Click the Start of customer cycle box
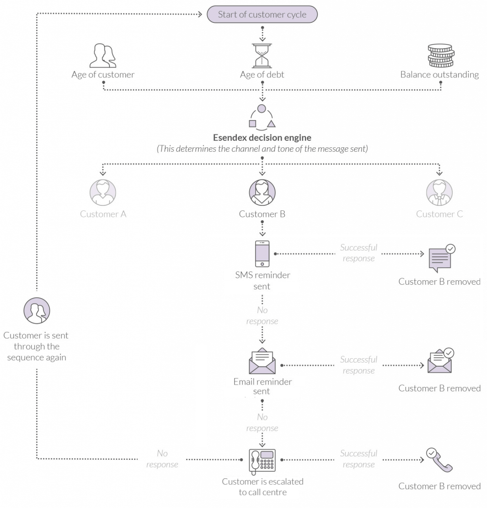pyautogui.click(x=262, y=14)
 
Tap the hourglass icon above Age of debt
pyautogui.click(x=262, y=55)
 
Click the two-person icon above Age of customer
pyautogui.click(x=103, y=56)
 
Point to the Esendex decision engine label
pyautogui.click(x=262, y=137)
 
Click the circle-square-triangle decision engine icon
pyautogui.click(x=262, y=117)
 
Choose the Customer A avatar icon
pyautogui.click(x=103, y=192)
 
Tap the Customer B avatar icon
pyautogui.click(x=262, y=192)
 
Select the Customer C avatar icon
pyautogui.click(x=439, y=192)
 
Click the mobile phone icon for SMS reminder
pyautogui.click(x=262, y=254)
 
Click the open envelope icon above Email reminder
pyautogui.click(x=262, y=362)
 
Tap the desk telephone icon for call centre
pyautogui.click(x=262, y=460)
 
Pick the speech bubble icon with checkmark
pyautogui.click(x=440, y=258)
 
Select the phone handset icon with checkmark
pyautogui.click(x=439, y=460)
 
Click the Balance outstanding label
pyautogui.click(x=439, y=75)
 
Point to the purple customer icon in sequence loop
pyautogui.click(x=37, y=311)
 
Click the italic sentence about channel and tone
pyautogui.click(x=262, y=149)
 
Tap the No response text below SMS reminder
pyautogui.click(x=262, y=316)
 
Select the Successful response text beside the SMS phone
pyautogui.click(x=358, y=253)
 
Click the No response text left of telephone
pyautogui.click(x=162, y=459)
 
